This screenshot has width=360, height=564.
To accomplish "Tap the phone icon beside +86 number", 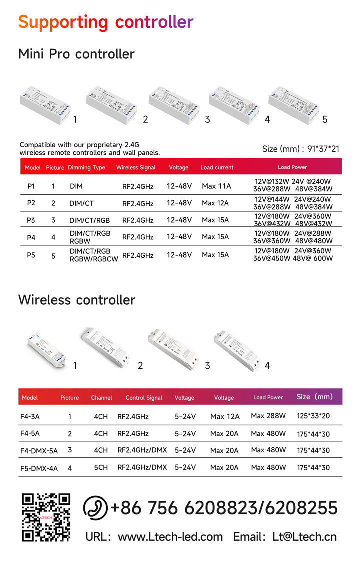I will pyautogui.click(x=95, y=507).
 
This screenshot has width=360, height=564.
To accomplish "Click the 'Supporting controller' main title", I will pyautogui.click(x=105, y=22).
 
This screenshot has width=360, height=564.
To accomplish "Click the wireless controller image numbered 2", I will pyautogui.click(x=104, y=346).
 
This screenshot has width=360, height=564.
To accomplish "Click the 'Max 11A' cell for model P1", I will pyautogui.click(x=216, y=186).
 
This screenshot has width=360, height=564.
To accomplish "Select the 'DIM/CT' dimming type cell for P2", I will pyautogui.click(x=81, y=203).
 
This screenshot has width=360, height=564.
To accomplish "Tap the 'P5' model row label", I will pyautogui.click(x=31, y=255).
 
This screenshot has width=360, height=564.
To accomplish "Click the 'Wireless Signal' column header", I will pyautogui.click(x=136, y=167).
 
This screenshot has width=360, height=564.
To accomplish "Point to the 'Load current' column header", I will pyautogui.click(x=217, y=167).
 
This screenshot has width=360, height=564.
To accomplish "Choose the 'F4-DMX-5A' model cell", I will pyautogui.click(x=39, y=450).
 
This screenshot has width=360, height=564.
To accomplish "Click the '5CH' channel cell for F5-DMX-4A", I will pyautogui.click(x=101, y=467).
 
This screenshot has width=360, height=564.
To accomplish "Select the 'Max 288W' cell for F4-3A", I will pyautogui.click(x=268, y=416).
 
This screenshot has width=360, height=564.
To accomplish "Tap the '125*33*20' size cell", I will pyautogui.click(x=313, y=416).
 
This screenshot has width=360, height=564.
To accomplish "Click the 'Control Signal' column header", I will pyautogui.click(x=144, y=398).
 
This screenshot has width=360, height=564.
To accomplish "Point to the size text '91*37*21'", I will pyautogui.click(x=322, y=149).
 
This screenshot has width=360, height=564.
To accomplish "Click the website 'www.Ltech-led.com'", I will pyautogui.click(x=170, y=537).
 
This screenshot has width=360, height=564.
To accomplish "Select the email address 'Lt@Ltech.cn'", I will pyautogui.click(x=304, y=537).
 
